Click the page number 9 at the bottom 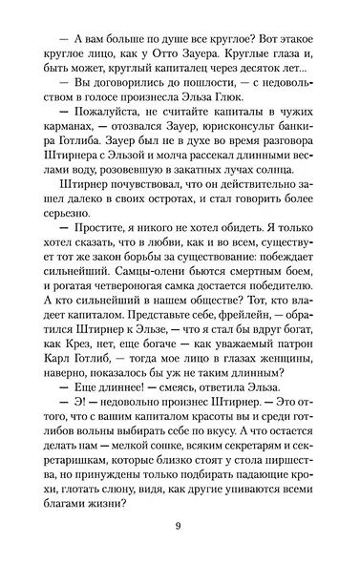pos(179,525)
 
